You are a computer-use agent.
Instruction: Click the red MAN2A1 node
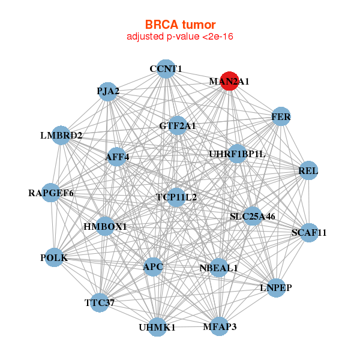(x=230, y=81)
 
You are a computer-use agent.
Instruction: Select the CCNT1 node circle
(x=166, y=69)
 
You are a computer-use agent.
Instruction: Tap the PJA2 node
(x=107, y=92)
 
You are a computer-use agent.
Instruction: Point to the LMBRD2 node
(x=61, y=136)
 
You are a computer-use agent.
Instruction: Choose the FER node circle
(x=281, y=117)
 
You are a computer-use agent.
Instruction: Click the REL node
(x=308, y=171)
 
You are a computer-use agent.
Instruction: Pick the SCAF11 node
(x=308, y=232)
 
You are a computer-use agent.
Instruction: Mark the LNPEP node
(x=276, y=287)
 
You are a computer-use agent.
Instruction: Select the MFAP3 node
(x=219, y=326)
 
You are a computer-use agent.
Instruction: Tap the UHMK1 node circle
(x=157, y=327)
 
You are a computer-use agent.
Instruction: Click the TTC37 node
(x=100, y=302)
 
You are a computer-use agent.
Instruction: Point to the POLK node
(x=54, y=257)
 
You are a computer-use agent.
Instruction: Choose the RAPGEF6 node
(x=51, y=193)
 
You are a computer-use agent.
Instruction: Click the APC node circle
(x=153, y=266)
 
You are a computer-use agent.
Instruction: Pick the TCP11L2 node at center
(x=176, y=197)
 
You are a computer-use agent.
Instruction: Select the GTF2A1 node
(x=177, y=126)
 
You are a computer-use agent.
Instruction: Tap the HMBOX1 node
(x=105, y=226)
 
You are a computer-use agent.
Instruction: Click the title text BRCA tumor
(x=180, y=25)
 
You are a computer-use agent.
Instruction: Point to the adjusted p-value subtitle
(x=180, y=37)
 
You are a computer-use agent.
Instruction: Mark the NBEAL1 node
(x=218, y=268)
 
